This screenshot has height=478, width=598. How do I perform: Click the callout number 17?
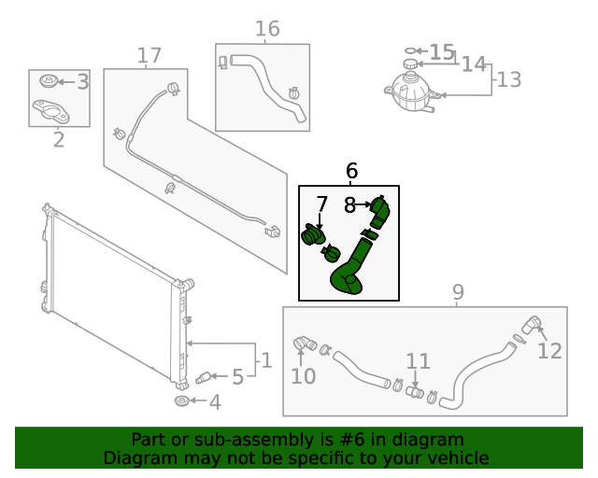pyautogui.click(x=149, y=56)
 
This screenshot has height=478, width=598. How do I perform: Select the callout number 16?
pyautogui.click(x=267, y=29)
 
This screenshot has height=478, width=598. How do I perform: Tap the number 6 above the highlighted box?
pyautogui.click(x=351, y=171)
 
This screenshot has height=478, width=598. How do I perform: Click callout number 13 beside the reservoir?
pyautogui.click(x=508, y=79)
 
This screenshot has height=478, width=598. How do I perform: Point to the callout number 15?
pyautogui.click(x=441, y=52)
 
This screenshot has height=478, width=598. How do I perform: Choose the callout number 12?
pyautogui.click(x=549, y=350)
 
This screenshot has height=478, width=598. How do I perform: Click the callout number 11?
pyautogui.click(x=418, y=361)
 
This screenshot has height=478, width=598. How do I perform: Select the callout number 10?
pyautogui.click(x=304, y=376)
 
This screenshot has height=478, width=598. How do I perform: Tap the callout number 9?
pyautogui.click(x=458, y=293)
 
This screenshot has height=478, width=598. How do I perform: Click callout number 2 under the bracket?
pyautogui.click(x=59, y=140)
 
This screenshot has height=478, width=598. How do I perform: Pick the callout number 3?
pyautogui.click(x=82, y=82)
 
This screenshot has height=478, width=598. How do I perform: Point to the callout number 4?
pyautogui.click(x=215, y=402)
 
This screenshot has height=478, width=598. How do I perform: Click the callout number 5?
pyautogui.click(x=237, y=377)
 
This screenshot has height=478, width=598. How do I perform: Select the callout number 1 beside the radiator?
pyautogui.click(x=265, y=359)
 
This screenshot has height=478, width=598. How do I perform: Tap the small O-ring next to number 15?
pyautogui.click(x=409, y=50)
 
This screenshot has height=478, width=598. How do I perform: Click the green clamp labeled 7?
pyautogui.click(x=312, y=235)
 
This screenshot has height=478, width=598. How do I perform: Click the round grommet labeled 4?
pyautogui.click(x=182, y=401)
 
